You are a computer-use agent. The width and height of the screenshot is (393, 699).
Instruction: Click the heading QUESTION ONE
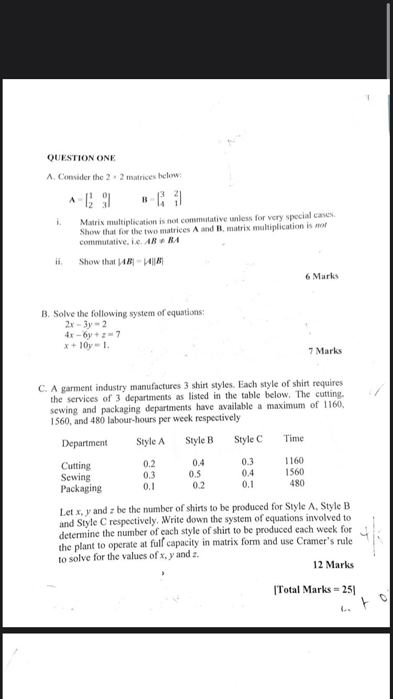[81, 158]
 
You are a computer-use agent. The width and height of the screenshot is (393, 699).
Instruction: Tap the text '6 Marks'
[322, 276]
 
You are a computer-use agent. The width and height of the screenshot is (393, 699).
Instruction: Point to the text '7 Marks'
[325, 351]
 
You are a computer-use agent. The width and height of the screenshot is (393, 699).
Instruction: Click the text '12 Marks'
[333, 564]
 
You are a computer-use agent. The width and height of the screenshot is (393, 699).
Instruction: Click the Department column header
[84, 443]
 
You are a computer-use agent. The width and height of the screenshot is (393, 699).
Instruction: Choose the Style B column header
[199, 440]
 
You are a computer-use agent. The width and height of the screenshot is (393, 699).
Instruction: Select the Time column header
[293, 438]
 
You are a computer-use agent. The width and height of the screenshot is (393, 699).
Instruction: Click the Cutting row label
[76, 465]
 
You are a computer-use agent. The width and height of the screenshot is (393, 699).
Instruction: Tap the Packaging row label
[81, 488]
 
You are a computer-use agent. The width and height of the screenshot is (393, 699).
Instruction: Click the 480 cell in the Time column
[297, 483]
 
